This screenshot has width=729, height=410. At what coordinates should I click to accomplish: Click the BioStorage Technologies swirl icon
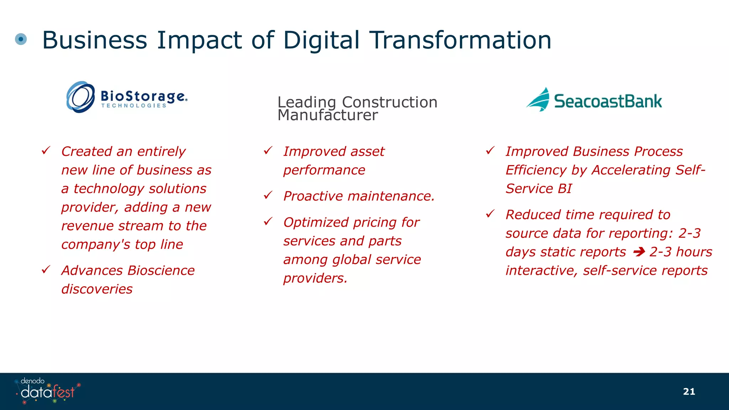pos(81,97)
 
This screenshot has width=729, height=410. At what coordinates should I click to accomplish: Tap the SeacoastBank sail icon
pos(539,100)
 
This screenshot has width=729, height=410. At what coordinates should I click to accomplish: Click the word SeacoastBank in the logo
pos(608,101)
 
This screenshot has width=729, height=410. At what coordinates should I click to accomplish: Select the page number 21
pos(689,391)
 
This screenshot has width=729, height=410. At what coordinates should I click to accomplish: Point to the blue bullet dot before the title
pos(21,39)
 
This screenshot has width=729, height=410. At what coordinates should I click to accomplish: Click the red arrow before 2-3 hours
pos(639,252)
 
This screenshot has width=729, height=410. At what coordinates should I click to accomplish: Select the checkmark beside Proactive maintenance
pos(268,195)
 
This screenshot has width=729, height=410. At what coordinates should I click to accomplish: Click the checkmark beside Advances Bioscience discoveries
pos(46,270)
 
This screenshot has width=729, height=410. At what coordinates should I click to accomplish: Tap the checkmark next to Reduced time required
pos(490,214)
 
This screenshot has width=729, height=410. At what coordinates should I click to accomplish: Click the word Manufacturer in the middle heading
pos(327,115)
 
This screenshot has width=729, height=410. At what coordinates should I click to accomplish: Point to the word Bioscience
pos(161,270)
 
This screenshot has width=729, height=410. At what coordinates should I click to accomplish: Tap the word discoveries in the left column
pos(97,289)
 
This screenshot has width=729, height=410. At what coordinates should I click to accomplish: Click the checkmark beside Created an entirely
pos(46,151)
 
